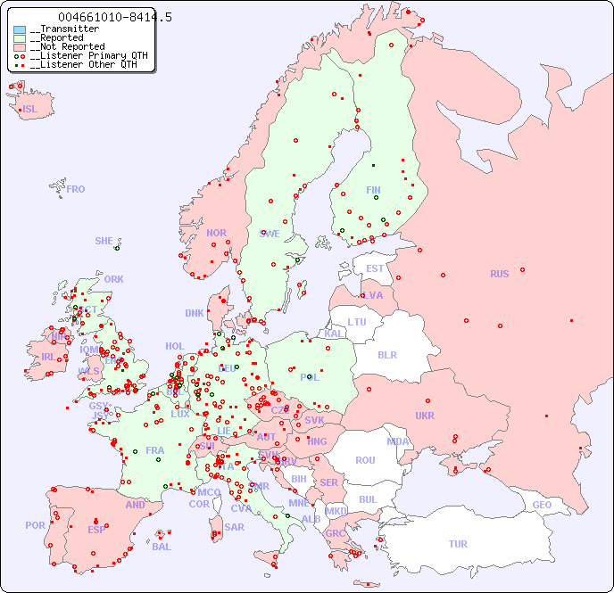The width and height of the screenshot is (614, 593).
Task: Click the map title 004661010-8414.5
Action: pyautogui.click(x=115, y=17)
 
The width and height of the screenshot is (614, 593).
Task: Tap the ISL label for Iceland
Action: pyautogui.click(x=30, y=110)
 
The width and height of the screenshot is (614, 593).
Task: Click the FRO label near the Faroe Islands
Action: pyautogui.click(x=76, y=189)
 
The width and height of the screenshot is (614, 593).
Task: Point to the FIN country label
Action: pyautogui.click(x=373, y=190)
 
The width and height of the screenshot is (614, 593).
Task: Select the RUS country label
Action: pyautogui.click(x=499, y=274)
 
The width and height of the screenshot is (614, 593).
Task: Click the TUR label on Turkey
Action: pyautogui.click(x=458, y=544)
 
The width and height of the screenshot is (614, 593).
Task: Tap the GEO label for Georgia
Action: pyautogui.click(x=542, y=505)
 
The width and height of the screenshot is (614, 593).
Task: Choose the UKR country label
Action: pyautogui.click(x=425, y=416)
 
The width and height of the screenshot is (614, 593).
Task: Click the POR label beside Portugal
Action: pyautogui.click(x=35, y=525)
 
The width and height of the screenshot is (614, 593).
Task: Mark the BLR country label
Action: pyautogui.click(x=386, y=354)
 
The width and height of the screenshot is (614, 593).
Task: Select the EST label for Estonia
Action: pyautogui.click(x=375, y=268)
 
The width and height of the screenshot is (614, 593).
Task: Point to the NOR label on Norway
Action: pyautogui.click(x=216, y=233)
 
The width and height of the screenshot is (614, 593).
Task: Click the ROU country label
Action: pyautogui.click(x=365, y=460)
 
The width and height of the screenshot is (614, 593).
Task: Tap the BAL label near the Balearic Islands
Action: pyautogui.click(x=162, y=547)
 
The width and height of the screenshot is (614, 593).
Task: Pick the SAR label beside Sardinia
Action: pyautogui.click(x=234, y=527)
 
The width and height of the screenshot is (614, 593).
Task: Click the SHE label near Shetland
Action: pyautogui.click(x=104, y=241)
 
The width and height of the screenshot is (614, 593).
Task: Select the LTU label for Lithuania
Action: pyautogui.click(x=357, y=322)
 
